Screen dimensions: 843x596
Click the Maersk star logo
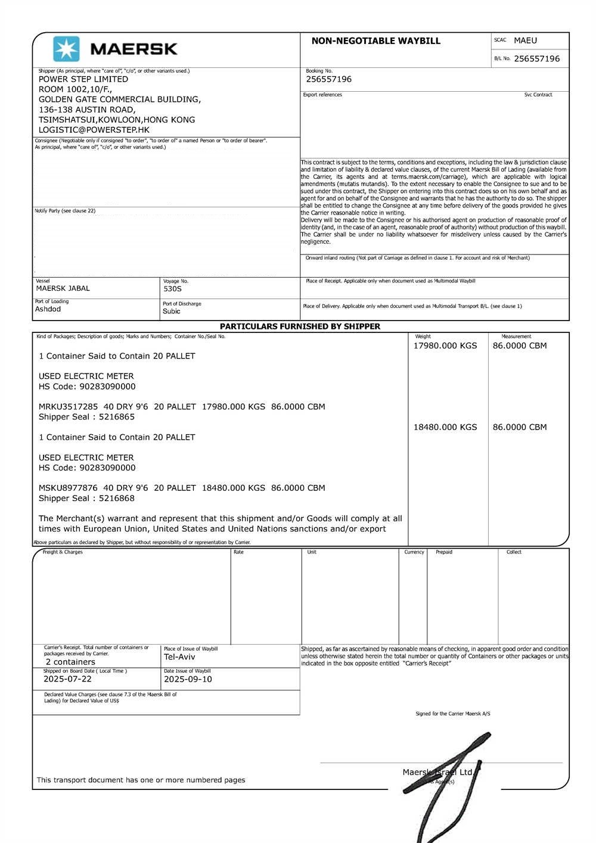pyautogui.click(x=66, y=49)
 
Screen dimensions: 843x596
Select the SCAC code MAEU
pyautogui.click(x=525, y=41)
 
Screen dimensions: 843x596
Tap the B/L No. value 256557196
pyautogui.click(x=536, y=58)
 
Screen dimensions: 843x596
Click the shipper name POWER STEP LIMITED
pyautogui.click(x=83, y=79)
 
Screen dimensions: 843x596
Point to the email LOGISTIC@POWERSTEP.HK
pyautogui.click(x=94, y=130)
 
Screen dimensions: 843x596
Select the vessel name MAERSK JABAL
pyautogui.click(x=63, y=288)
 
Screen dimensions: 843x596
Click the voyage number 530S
pyautogui.click(x=172, y=289)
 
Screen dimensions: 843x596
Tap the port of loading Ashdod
pyautogui.click(x=48, y=309)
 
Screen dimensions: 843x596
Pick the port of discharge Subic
pyautogui.click(x=172, y=311)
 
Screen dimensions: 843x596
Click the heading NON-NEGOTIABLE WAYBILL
pyautogui.click(x=375, y=41)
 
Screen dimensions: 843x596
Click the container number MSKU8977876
pyautogui.click(x=68, y=488)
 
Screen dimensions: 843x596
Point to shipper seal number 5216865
pyautogui.click(x=117, y=417)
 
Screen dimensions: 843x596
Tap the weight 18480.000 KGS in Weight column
pyautogui.click(x=445, y=427)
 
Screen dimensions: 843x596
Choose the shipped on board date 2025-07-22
pyautogui.click(x=67, y=679)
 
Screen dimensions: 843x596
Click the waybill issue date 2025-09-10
pyautogui.click(x=188, y=679)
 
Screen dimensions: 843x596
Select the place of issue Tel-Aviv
pyautogui.click(x=179, y=657)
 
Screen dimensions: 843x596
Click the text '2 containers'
pyautogui.click(x=70, y=662)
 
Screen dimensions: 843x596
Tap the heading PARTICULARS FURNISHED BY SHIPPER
pyautogui.click(x=300, y=326)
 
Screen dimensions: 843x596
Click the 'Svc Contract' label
pyautogui.click(x=538, y=95)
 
